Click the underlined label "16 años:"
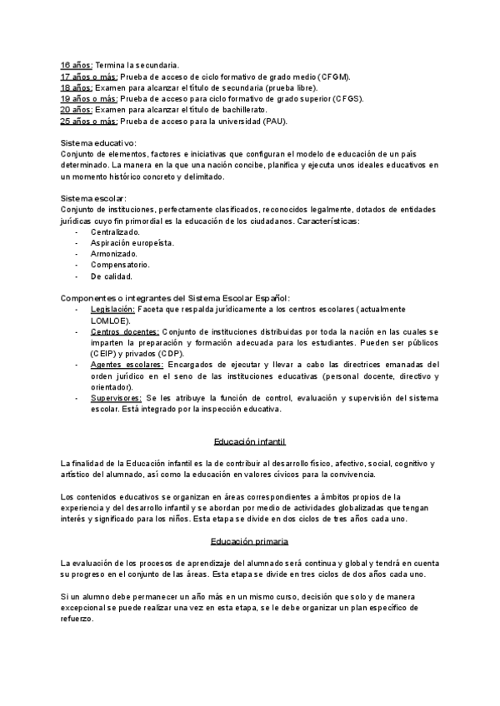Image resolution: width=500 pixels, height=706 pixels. coord(77,64)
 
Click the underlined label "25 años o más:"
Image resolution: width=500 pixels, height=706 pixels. coord(89,121)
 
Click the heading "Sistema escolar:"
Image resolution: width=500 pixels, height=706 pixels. coord(94,198)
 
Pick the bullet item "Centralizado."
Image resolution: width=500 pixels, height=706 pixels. coord(116,231)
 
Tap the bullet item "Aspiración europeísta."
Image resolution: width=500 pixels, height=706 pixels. coord(132,242)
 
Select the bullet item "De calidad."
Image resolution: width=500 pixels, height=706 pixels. coord(112,276)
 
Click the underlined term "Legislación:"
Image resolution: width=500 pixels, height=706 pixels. coord(112,309)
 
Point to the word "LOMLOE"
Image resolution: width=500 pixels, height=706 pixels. coord(109,320)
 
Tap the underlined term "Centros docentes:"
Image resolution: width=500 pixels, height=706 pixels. coord(125,331)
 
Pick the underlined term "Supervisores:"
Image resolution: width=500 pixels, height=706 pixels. coord(116,398)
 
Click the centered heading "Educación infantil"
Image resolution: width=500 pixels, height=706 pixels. coord(250,440)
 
